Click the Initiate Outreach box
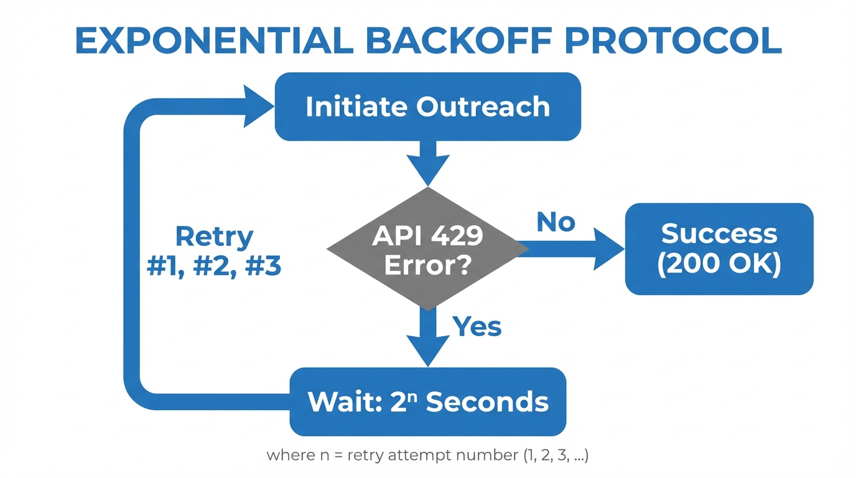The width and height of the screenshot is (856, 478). (428, 106)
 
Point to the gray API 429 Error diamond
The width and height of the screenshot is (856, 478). (428, 249)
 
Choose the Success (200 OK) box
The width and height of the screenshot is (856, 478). (719, 249)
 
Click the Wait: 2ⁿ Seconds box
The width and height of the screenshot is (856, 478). (428, 401)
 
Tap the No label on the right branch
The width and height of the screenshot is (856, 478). (556, 222)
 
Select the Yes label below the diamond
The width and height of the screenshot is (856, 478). (477, 326)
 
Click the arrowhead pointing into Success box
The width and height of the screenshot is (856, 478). (607, 249)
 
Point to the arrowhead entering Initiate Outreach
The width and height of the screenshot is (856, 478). (258, 106)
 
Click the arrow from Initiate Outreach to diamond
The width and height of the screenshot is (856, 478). (428, 162)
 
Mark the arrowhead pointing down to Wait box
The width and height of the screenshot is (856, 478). (428, 350)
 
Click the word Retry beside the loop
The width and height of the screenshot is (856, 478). (214, 237)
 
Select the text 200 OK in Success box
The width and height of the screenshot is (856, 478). (719, 264)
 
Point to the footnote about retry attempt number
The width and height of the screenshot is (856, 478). (427, 455)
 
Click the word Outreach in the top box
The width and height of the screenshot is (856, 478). (483, 106)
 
